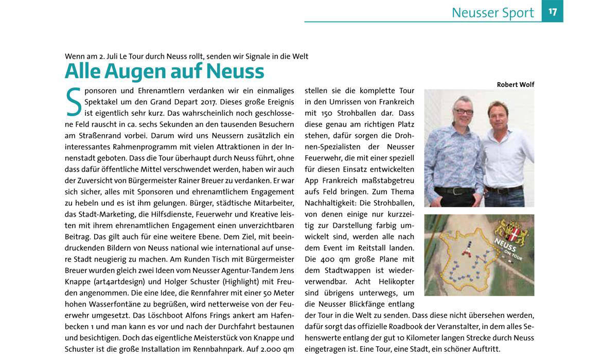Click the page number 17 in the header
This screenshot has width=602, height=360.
click(x=553, y=11)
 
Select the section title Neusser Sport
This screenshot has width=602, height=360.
click(x=492, y=13)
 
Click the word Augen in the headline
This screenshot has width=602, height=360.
click(x=138, y=71)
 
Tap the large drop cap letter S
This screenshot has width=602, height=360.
click(x=74, y=102)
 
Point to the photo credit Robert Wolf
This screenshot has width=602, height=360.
click(x=515, y=84)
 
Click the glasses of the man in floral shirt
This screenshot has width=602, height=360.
click(x=464, y=111)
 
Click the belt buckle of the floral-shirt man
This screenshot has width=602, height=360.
click(x=455, y=191)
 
